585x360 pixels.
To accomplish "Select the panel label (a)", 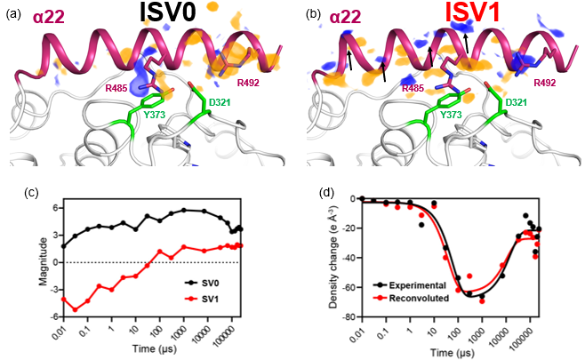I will coord(15,13).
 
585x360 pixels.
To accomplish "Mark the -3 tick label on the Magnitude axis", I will coord(52,289).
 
